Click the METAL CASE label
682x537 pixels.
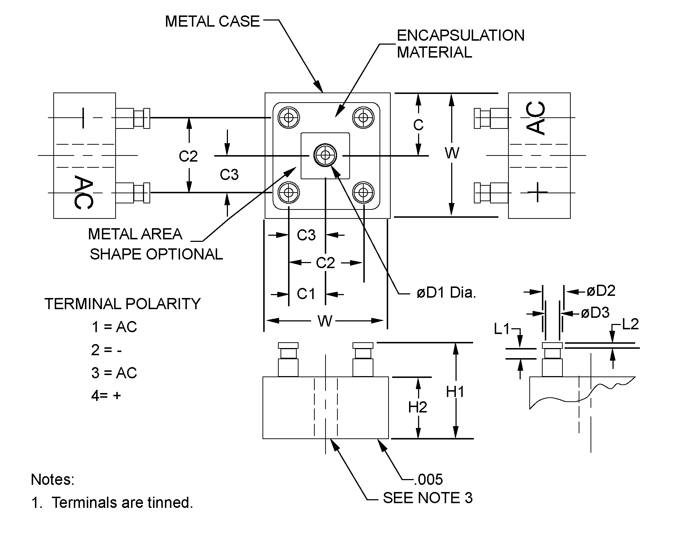point(212,21)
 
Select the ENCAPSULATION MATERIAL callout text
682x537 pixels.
point(460,44)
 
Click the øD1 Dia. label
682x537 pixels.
point(446,293)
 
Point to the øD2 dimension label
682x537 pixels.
point(601,291)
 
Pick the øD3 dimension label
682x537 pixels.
point(595,313)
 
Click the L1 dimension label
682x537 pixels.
point(502,329)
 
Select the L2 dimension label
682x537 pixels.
point(630,324)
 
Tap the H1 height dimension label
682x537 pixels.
point(455,392)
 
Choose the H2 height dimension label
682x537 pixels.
point(417,407)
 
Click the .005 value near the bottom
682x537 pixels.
point(429,479)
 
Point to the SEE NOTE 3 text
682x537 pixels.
point(427,498)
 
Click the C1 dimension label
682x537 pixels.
point(306,294)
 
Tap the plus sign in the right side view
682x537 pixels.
point(537,192)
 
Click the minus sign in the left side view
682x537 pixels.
point(83,118)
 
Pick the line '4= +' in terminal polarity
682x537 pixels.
point(106,396)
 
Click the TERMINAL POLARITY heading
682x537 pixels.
point(122,304)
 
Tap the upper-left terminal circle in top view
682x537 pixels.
point(288,117)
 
